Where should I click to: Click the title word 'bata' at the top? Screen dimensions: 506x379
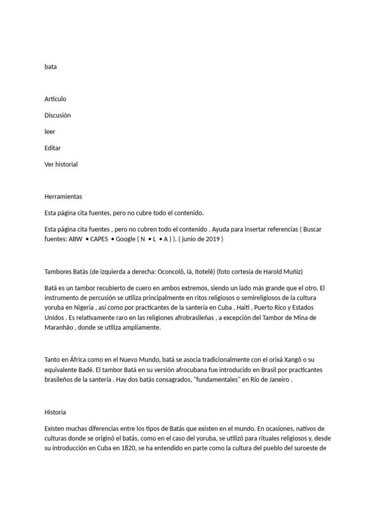[x=50, y=67]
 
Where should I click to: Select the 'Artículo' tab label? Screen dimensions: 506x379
[x=55, y=99]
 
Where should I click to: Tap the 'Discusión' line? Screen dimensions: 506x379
[x=58, y=115]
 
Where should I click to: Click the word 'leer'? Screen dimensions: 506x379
[x=50, y=131]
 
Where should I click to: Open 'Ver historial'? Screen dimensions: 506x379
[x=61, y=164]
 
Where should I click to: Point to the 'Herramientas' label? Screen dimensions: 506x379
[x=63, y=197]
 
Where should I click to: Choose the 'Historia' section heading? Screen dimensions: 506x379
[x=55, y=412]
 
